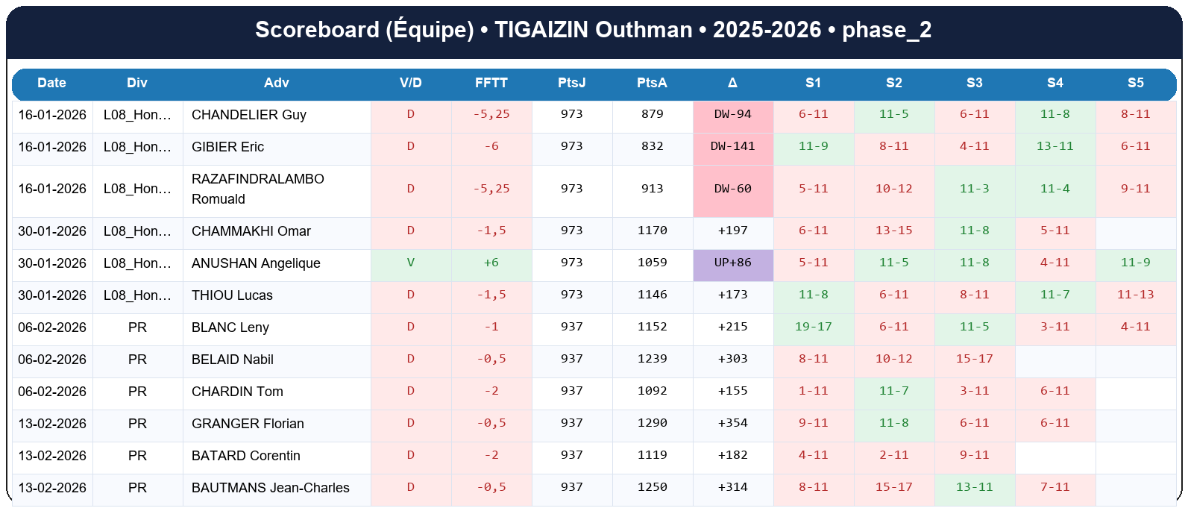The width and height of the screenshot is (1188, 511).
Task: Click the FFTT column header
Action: point(491,83)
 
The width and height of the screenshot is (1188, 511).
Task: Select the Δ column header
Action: point(732,83)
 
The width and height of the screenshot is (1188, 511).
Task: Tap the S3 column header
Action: point(974,83)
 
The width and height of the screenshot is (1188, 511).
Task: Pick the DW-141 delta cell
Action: point(732,146)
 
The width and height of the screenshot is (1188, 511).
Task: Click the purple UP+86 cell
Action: point(732,263)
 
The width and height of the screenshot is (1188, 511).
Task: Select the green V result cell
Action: point(411,263)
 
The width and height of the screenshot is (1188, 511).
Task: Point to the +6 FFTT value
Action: point(491,263)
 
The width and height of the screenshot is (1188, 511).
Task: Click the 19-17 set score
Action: point(813,327)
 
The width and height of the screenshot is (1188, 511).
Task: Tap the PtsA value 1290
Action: point(652,423)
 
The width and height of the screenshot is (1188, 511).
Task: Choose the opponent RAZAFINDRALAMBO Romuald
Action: point(258,189)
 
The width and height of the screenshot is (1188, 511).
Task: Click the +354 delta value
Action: point(732,423)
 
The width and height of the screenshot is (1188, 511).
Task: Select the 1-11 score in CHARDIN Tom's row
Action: point(813,391)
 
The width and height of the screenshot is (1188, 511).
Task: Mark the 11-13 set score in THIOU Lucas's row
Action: point(1135,295)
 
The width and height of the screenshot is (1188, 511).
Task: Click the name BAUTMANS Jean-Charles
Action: point(271,488)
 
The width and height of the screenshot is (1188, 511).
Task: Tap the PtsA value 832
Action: point(652,146)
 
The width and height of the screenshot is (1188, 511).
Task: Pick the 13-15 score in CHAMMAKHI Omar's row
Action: point(893,231)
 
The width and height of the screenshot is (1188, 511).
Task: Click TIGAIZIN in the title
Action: point(542,30)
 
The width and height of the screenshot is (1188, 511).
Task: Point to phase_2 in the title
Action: point(887,30)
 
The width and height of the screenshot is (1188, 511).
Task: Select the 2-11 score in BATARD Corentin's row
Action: point(893,455)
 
